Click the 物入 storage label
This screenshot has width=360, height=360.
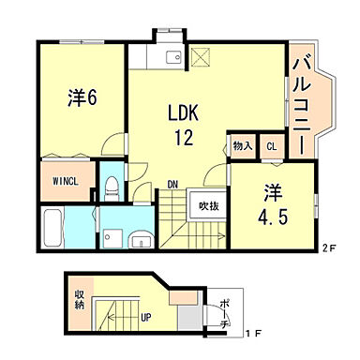pos(242,146)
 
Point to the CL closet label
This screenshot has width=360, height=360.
pos(271,146)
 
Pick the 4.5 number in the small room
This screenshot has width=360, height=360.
pos(273,215)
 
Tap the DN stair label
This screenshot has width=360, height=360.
pos(174,185)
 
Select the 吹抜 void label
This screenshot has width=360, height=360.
pos(208,205)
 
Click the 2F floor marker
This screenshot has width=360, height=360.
pos(327,248)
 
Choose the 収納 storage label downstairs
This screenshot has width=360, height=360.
pos(80,299)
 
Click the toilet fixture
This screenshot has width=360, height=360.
pos(111,186)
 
